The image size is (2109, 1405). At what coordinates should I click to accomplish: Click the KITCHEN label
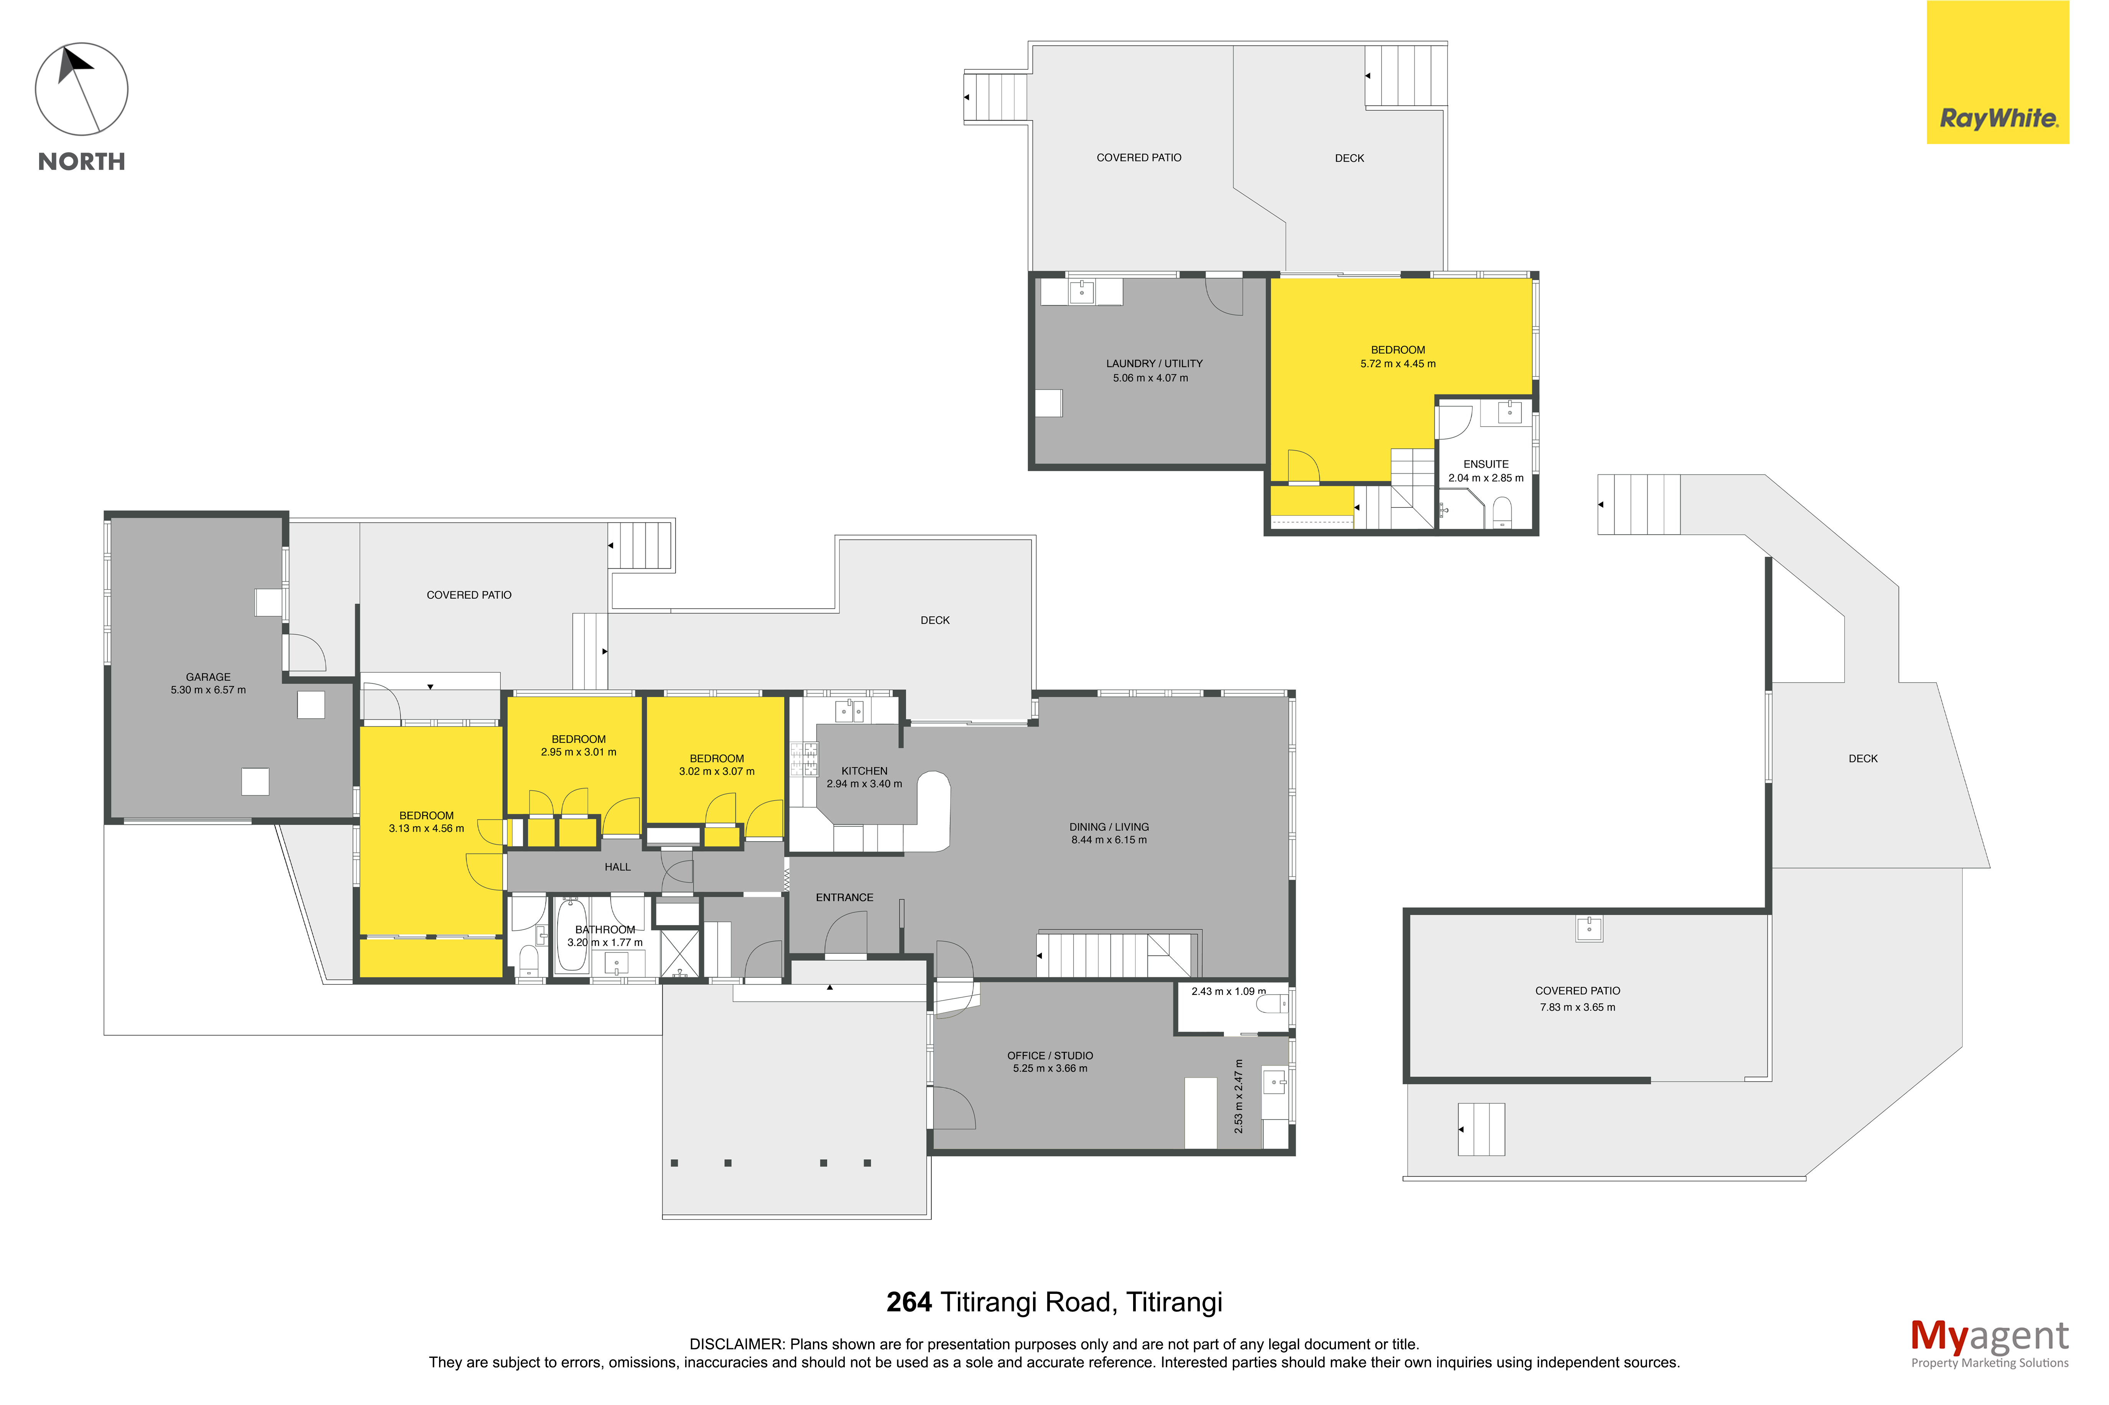[864, 771]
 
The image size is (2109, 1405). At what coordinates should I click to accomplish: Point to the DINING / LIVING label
[1109, 827]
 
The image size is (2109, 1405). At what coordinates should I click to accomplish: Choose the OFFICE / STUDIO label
[1050, 1055]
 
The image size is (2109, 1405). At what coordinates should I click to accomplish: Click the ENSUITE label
[1485, 464]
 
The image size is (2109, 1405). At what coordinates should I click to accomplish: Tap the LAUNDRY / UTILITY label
[1153, 364]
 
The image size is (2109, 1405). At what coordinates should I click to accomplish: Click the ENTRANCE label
[844, 897]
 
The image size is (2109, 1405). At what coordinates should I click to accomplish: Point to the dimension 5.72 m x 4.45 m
[1397, 364]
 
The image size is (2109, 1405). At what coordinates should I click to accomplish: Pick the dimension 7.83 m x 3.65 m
[1578, 1007]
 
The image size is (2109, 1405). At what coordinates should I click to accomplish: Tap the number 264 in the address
[909, 1302]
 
